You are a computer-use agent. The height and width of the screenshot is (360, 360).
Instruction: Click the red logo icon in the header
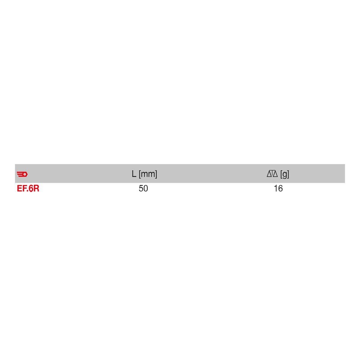(22, 174)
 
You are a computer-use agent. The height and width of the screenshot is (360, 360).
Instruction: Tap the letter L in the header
(134, 174)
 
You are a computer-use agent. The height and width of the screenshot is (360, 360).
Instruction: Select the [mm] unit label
(148, 174)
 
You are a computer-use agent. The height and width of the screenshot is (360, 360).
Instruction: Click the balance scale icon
(272, 173)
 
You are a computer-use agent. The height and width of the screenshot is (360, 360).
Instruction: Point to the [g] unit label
(285, 174)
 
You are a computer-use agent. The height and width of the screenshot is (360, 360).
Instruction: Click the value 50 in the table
(143, 188)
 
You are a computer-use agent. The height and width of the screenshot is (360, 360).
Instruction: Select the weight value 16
(278, 188)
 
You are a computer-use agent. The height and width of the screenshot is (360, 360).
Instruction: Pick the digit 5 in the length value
(141, 188)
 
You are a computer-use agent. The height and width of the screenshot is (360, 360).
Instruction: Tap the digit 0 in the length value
(146, 188)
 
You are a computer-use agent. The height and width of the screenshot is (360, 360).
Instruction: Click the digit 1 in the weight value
(275, 188)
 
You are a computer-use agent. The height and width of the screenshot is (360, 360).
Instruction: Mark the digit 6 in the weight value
(280, 188)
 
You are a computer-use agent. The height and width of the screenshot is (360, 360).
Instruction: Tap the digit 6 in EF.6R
(31, 189)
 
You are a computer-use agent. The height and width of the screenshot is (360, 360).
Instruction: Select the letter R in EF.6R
(36, 189)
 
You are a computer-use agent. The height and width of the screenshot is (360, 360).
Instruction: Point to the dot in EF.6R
(28, 191)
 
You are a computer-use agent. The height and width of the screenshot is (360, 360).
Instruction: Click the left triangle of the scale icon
(269, 174)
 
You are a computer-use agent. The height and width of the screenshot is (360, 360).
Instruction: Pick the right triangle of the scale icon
(276, 174)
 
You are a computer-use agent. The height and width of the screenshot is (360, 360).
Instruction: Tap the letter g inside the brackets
(285, 174)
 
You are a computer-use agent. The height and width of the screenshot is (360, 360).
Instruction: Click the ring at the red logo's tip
(25, 174)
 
